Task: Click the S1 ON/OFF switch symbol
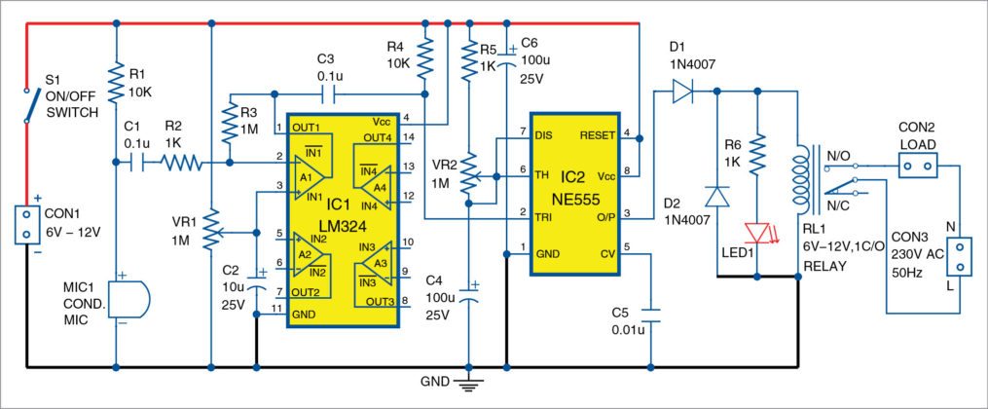[x=26, y=104]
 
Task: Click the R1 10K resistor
[x=115, y=85]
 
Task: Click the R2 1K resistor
[x=181, y=165]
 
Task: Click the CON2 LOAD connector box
[x=914, y=167]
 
